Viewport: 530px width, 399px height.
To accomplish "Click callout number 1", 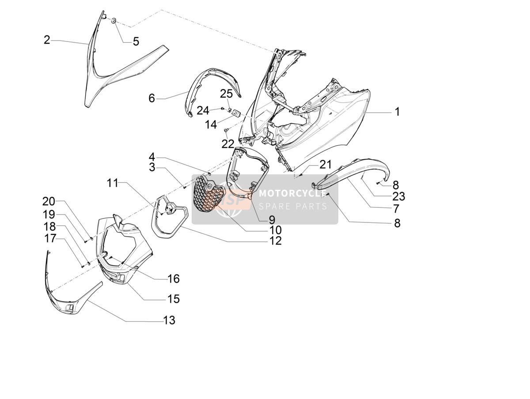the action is [397, 112].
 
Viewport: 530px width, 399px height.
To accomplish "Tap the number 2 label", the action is [47, 40].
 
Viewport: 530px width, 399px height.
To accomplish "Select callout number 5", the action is [136, 41].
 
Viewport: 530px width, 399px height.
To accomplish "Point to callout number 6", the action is [151, 98].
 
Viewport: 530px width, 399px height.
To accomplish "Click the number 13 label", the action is [169, 320].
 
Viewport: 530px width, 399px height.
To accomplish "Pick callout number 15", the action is [174, 299].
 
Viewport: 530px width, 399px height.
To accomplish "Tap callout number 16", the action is [174, 279].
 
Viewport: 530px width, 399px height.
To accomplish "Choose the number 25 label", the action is [226, 94].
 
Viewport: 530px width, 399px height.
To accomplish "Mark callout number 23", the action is [399, 196].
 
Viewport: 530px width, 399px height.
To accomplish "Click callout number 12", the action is [276, 241].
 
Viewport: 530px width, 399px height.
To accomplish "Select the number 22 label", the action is [228, 144].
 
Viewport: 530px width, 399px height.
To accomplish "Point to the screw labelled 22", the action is [226, 130].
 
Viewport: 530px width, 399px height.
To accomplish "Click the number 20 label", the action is [49, 201].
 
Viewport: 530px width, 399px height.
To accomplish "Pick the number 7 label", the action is [396, 209].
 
